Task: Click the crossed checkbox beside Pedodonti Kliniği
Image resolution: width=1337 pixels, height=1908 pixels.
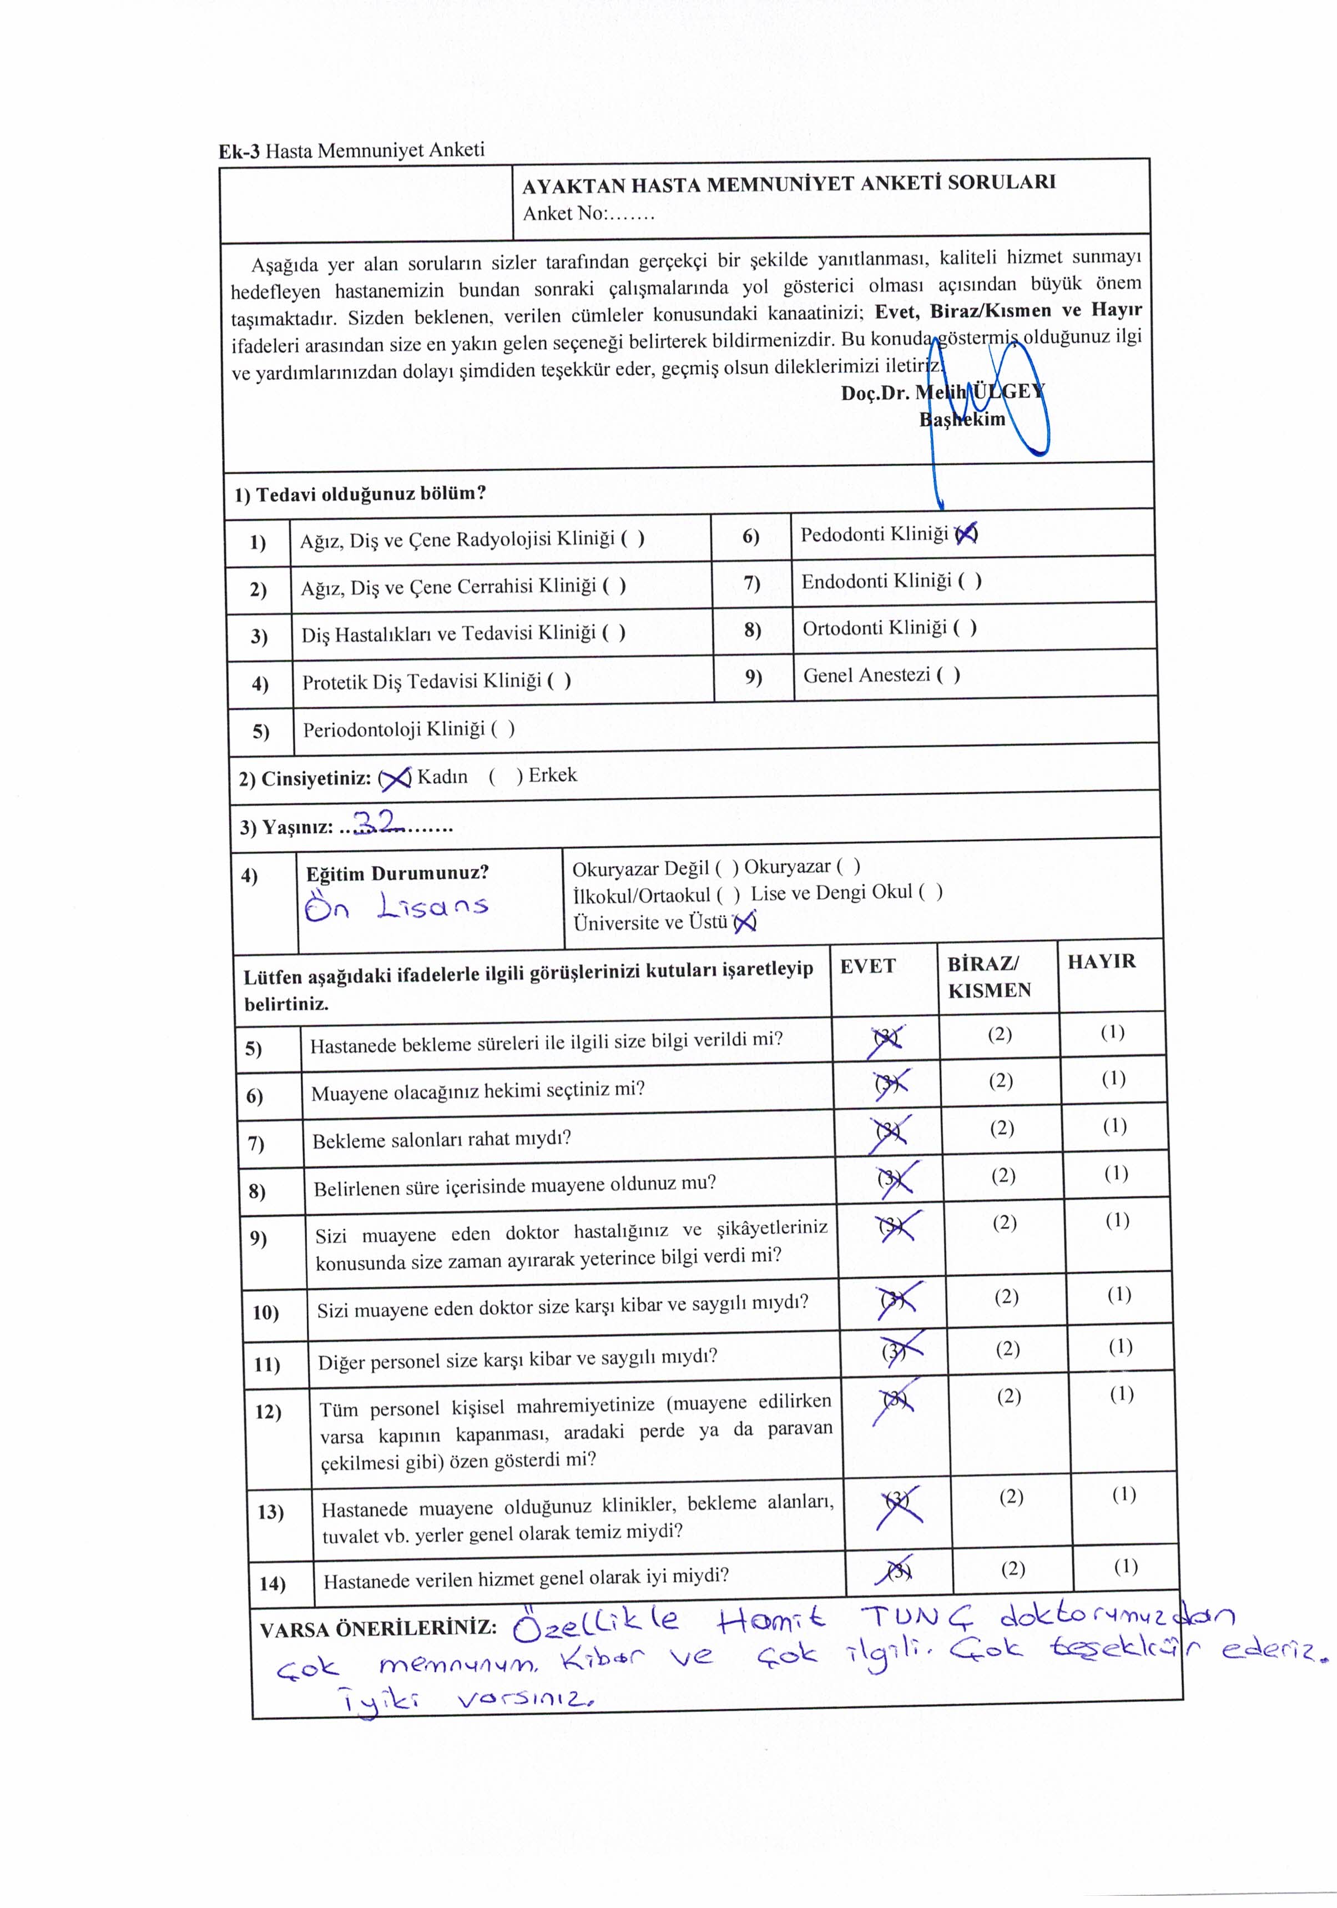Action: point(966,535)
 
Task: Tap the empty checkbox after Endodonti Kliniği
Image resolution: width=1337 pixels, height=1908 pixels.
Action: point(970,581)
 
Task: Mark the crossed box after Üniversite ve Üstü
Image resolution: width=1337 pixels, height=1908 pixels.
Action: point(745,921)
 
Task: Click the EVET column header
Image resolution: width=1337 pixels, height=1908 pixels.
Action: point(867,965)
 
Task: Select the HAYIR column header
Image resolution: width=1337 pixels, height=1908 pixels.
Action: point(1101,961)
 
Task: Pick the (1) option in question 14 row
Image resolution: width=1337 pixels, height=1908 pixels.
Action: point(1125,1567)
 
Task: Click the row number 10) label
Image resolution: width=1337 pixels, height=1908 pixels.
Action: point(266,1312)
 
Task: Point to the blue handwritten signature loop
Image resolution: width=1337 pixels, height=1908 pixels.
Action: point(989,391)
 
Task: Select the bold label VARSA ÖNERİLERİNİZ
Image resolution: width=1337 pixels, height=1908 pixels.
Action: point(378,1628)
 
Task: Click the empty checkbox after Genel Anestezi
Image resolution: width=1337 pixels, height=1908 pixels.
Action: point(948,675)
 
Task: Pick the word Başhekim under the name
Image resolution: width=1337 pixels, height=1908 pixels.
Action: point(961,420)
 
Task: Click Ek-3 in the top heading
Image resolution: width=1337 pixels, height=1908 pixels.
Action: point(239,151)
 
